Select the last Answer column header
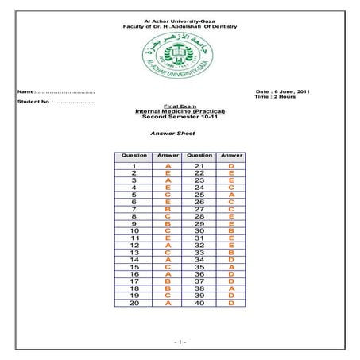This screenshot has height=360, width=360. (x=230, y=155)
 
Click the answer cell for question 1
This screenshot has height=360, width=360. (x=168, y=165)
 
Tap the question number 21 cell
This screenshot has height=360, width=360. (x=199, y=165)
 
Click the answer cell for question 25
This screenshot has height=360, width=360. (x=230, y=194)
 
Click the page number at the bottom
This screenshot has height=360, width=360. (x=180, y=341)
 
